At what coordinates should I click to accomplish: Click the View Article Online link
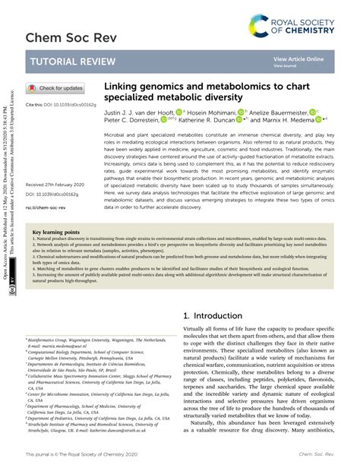pos(298,58)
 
